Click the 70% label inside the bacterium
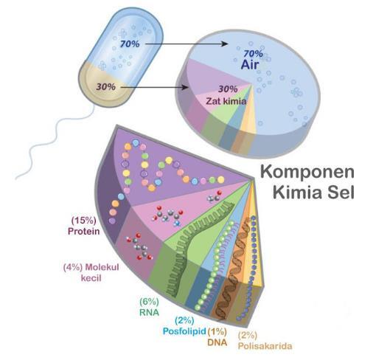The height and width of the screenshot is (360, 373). tap(130, 44)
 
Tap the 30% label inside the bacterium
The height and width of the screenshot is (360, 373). tap(105, 86)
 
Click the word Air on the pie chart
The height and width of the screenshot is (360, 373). tap(250, 64)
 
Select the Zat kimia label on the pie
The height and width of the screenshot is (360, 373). tap(226, 101)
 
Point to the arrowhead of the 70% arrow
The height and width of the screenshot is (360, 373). tap(225, 44)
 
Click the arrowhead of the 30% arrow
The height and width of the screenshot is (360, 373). tap(186, 87)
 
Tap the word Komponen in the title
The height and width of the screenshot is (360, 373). tap(307, 173)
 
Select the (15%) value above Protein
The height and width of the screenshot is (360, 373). tap(83, 221)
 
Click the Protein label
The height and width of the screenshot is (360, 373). tap(84, 231)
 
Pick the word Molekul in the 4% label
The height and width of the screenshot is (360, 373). tap(102, 267)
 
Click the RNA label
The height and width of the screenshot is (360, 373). tap(149, 312)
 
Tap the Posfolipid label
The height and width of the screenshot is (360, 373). tap(184, 331)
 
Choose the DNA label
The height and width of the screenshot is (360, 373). tap(217, 342)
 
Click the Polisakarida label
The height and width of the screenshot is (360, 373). tap(265, 346)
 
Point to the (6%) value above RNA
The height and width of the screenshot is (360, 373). tap(149, 302)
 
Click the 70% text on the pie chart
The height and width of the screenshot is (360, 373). tap(253, 53)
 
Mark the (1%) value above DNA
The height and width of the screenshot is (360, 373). tap(217, 331)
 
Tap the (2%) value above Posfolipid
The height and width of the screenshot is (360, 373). tap(184, 320)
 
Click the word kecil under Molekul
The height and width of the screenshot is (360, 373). tap(91, 278)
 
